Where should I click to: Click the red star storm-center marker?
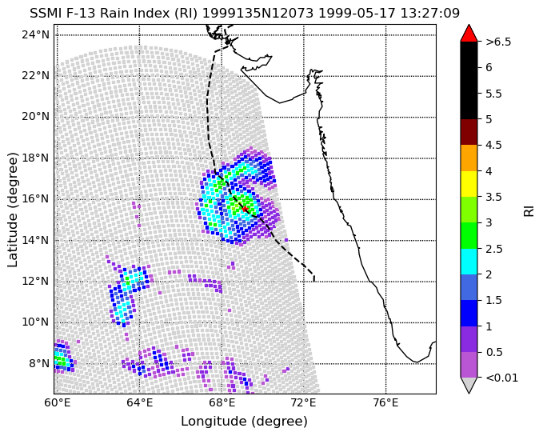[245, 209]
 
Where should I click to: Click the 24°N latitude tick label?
[36, 35]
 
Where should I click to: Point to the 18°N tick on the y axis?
[54, 158]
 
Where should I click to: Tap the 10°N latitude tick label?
[36, 322]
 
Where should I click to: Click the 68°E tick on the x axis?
[222, 394]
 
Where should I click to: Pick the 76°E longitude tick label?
[386, 402]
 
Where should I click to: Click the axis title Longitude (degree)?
[244, 422]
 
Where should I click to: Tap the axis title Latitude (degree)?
[12, 210]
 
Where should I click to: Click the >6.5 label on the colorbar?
[498, 42]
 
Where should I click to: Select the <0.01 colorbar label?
[501, 378]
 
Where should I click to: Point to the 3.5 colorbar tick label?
[494, 197]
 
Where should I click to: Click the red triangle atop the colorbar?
[469, 34]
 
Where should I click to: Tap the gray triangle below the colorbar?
[469, 385]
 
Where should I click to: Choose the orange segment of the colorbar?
[469, 158]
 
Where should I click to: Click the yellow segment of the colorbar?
[469, 184]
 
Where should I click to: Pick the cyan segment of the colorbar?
[469, 262]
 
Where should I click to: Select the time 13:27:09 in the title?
[429, 14]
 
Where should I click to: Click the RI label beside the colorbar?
[529, 210]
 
